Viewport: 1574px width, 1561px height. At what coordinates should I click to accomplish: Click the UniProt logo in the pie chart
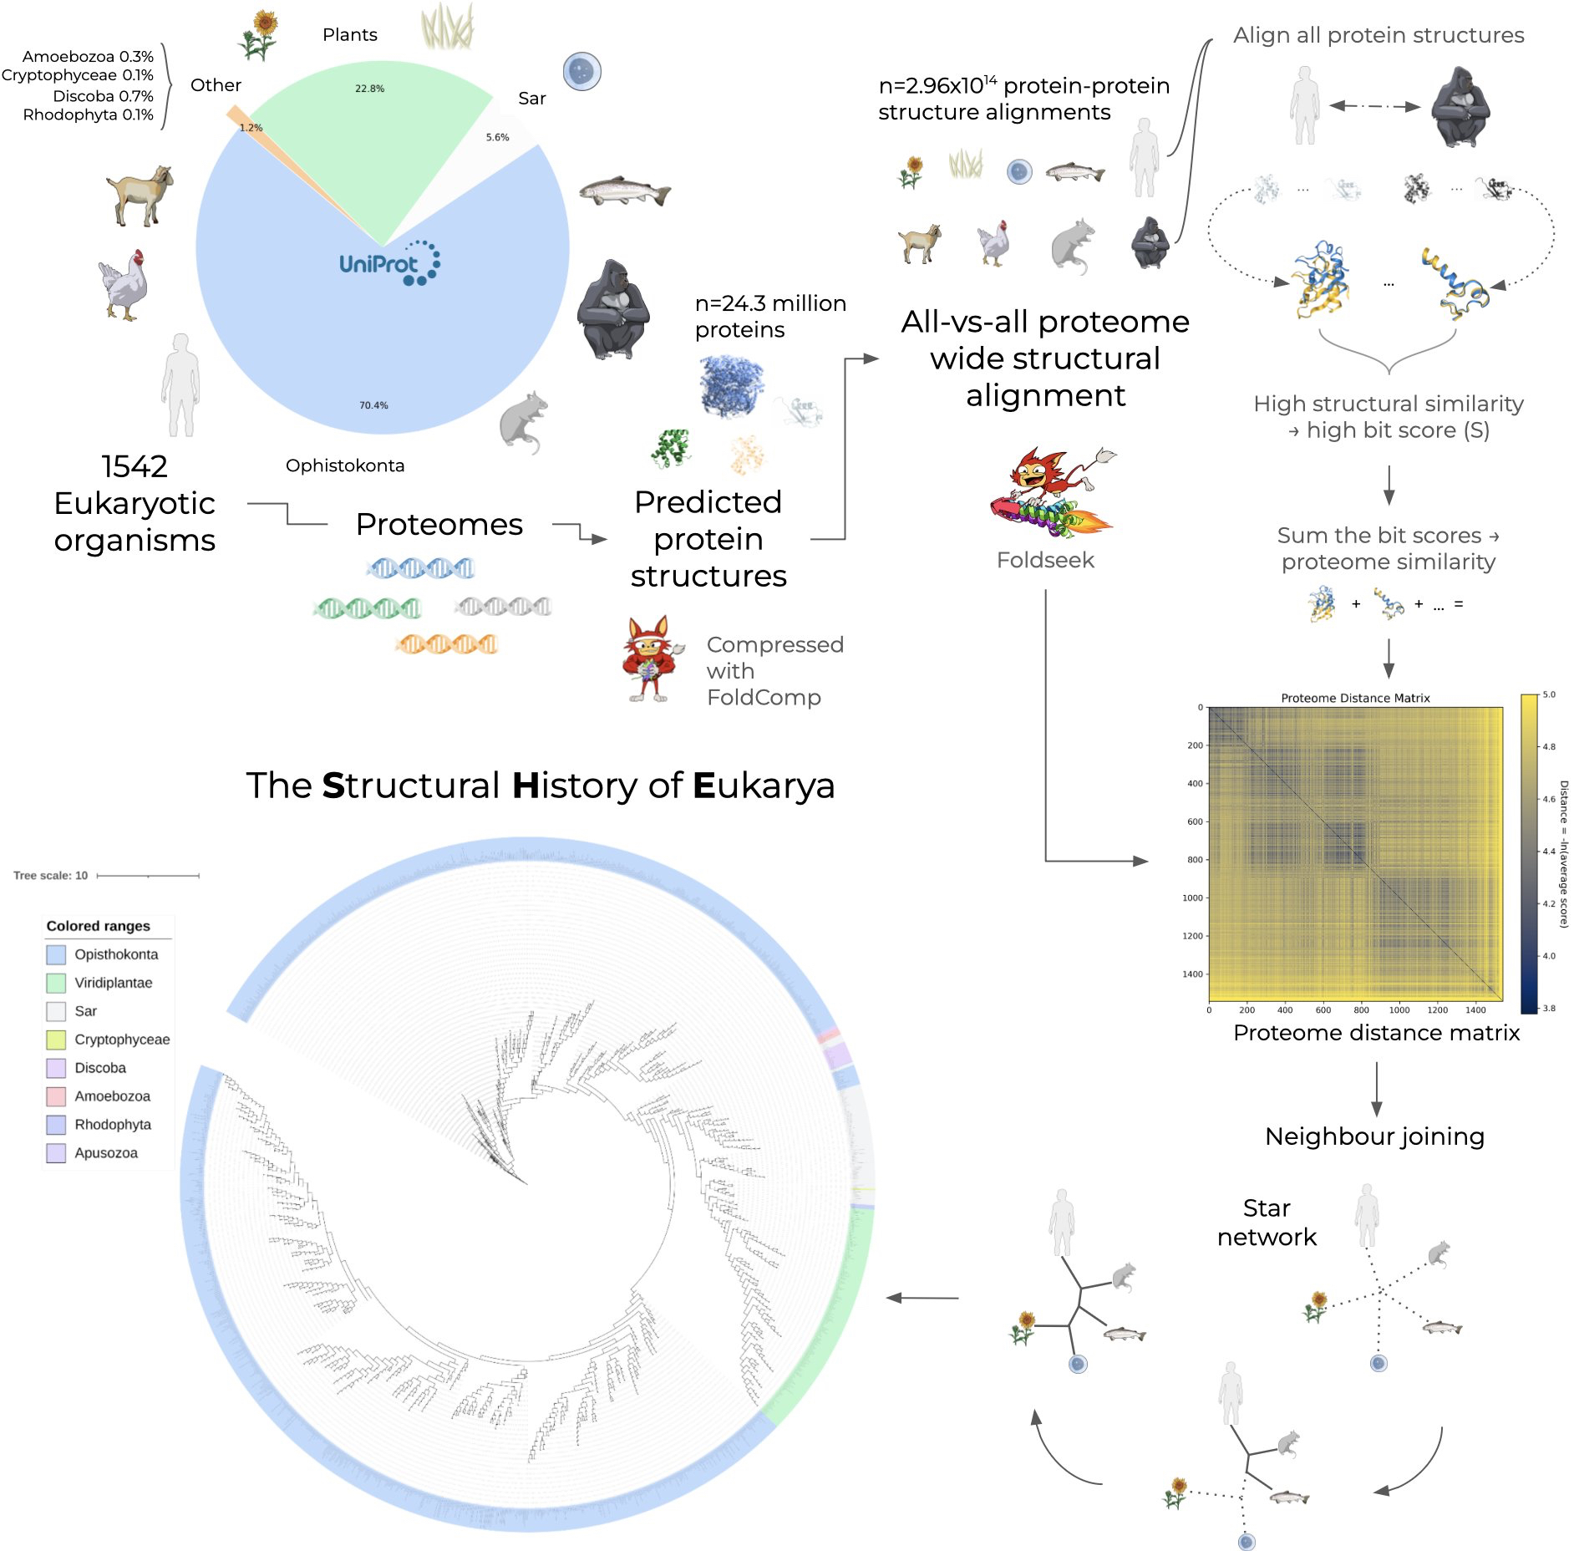click(x=389, y=263)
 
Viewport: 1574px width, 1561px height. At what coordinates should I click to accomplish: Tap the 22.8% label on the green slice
click(x=369, y=89)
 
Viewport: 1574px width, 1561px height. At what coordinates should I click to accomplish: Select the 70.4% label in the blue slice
click(x=373, y=405)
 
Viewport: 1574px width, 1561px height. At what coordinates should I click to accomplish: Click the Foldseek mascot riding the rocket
click(x=1051, y=493)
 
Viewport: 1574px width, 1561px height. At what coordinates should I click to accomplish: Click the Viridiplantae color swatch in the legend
click(x=56, y=983)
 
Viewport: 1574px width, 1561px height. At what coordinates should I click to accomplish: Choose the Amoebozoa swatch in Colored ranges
click(x=56, y=1096)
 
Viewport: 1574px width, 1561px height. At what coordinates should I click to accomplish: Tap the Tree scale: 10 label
click(x=50, y=876)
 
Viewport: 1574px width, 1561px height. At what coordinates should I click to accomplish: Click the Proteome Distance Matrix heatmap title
click(x=1355, y=698)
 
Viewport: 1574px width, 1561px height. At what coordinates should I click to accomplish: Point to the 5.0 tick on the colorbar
click(x=1549, y=694)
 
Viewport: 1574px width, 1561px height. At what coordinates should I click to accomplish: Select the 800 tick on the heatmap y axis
click(x=1195, y=860)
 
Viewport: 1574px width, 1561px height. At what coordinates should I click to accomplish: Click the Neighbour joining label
click(x=1374, y=1136)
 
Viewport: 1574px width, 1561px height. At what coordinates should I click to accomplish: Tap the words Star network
click(x=1267, y=1223)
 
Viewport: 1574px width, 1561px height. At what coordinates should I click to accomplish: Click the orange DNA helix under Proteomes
click(x=446, y=644)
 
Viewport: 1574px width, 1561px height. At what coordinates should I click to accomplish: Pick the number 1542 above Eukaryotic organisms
click(x=135, y=466)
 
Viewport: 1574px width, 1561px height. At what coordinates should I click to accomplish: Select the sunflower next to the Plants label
click(x=259, y=34)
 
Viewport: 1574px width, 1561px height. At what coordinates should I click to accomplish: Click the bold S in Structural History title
click(x=333, y=786)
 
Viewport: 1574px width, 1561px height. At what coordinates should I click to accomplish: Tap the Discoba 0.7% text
click(x=103, y=96)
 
